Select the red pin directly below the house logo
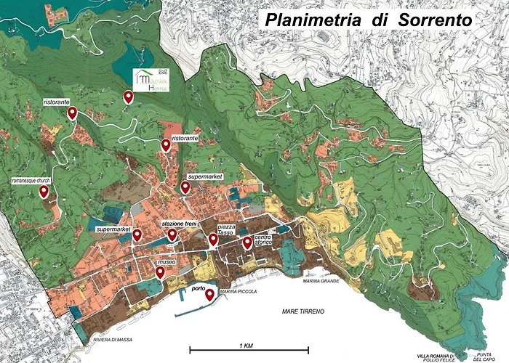pos(129,97)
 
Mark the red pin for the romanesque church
pos(44,192)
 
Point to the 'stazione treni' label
pos(182,225)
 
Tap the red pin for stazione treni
pos(172,234)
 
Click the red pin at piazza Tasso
pos(213,240)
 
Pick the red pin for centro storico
pos(247,242)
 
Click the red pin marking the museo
pos(160,272)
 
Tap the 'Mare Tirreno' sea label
pos(303,311)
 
